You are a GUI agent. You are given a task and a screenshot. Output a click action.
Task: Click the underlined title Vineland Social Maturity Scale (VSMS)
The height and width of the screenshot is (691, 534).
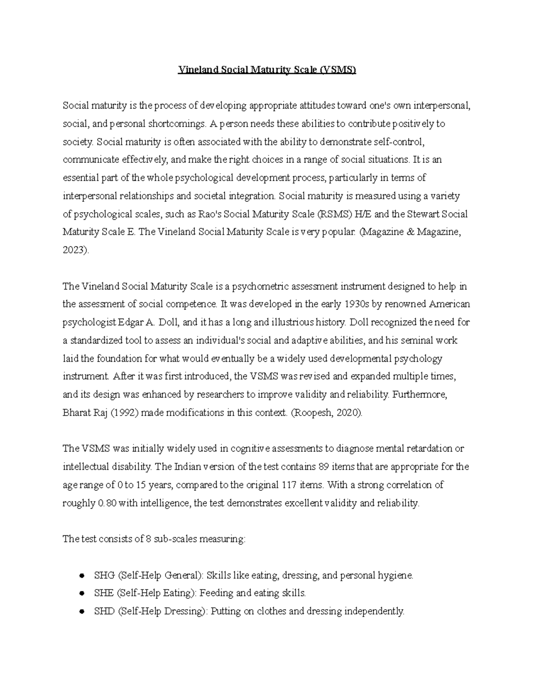[267, 70]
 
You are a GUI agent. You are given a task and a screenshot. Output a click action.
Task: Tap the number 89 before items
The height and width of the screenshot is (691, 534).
[324, 467]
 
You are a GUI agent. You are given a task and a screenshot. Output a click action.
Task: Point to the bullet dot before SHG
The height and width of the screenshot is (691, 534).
[81, 576]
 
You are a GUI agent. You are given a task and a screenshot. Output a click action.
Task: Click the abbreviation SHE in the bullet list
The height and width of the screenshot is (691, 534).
[104, 593]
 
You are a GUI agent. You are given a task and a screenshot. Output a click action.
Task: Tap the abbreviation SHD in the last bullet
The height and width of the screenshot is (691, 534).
[104, 611]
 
